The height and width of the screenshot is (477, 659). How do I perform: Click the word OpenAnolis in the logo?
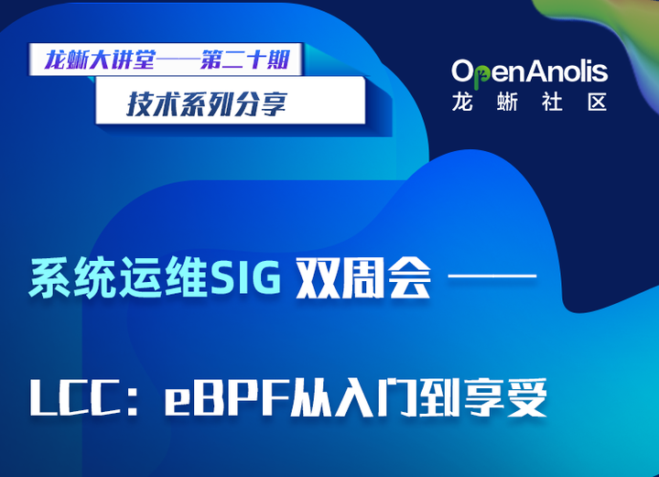point(529,70)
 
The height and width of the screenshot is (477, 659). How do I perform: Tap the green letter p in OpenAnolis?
point(484,72)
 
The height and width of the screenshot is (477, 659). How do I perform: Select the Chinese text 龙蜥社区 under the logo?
point(529,102)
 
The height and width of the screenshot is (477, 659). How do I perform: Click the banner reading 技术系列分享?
point(207,103)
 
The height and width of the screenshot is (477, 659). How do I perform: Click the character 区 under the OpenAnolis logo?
point(597,102)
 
